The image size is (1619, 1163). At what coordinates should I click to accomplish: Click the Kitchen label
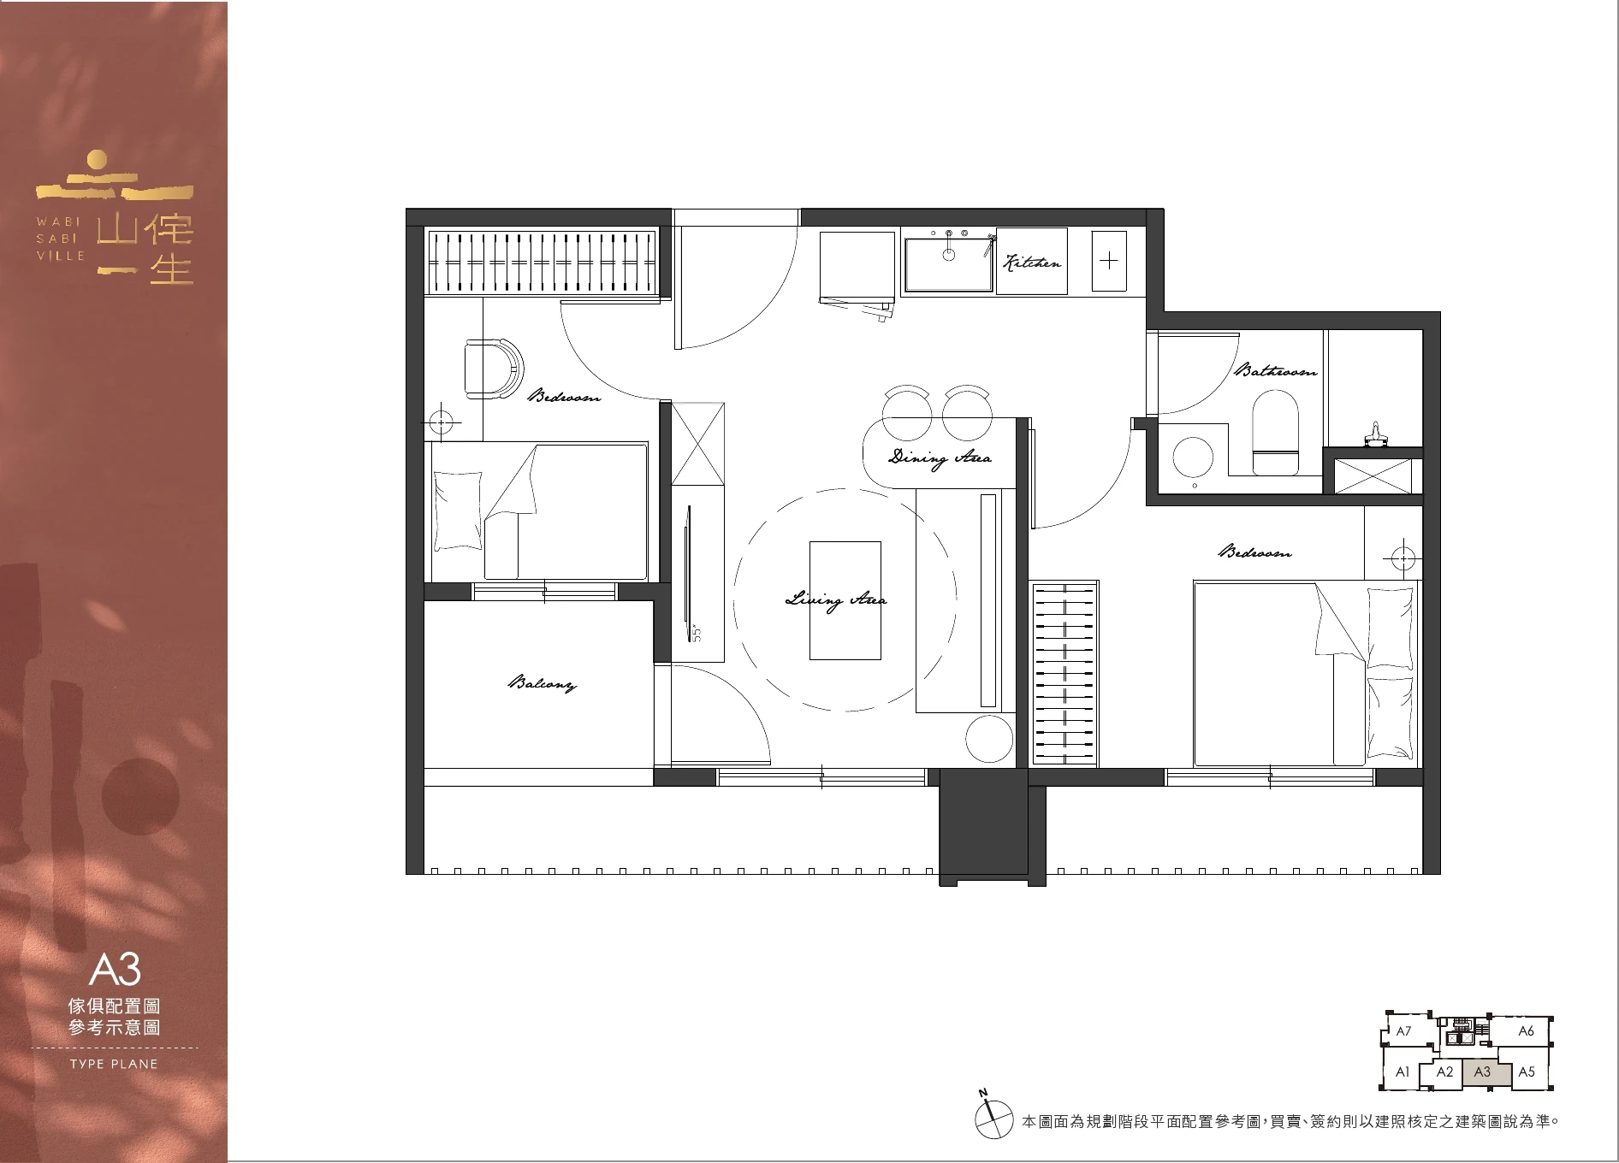[1032, 263]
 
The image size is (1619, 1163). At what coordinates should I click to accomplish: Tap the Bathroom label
[1275, 371]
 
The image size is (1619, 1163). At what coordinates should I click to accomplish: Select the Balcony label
[543, 683]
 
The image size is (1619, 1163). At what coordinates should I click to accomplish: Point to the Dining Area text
[940, 458]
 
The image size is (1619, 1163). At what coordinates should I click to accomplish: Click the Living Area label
[835, 599]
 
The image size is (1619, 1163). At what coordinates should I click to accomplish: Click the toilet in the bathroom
[1275, 433]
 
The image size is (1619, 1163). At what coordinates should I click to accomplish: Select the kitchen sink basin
[948, 263]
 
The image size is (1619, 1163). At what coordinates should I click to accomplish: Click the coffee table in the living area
[845, 600]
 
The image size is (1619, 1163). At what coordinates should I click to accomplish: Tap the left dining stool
[906, 413]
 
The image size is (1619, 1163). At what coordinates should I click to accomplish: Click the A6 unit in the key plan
[1526, 1031]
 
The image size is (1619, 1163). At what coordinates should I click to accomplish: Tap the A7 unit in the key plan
[1404, 1031]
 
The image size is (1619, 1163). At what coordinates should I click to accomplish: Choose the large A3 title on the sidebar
[114, 970]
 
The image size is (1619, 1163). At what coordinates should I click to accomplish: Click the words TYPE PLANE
[114, 1065]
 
